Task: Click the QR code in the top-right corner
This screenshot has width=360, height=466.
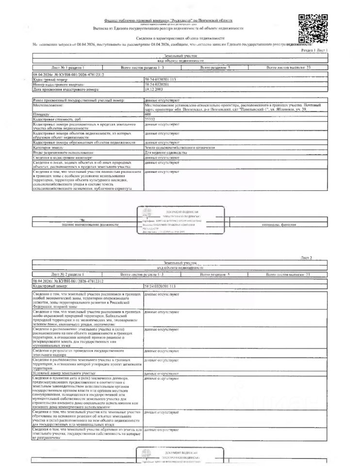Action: point(313,28)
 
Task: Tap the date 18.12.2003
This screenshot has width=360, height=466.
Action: point(155,90)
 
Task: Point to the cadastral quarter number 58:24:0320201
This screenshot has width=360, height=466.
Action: point(158,84)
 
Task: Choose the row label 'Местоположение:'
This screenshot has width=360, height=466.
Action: point(47,105)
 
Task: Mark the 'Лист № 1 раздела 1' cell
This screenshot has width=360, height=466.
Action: point(68,68)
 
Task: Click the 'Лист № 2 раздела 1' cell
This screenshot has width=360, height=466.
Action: point(68,275)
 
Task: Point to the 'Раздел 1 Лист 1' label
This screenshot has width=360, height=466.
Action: point(314,50)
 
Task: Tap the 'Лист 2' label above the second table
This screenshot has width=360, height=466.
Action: point(307,257)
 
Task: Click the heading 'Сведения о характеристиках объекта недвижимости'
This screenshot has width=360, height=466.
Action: point(180,38)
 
